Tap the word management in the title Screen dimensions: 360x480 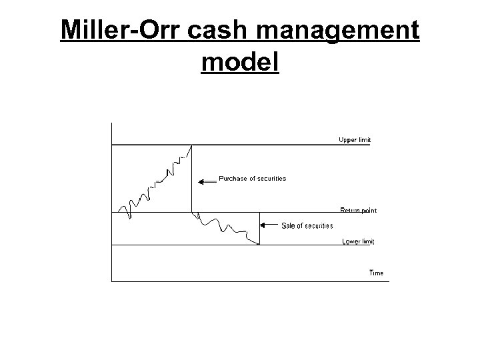[343, 31]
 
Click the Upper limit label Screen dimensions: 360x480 [354, 140]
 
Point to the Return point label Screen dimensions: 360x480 [359, 211]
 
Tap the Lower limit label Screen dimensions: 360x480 [358, 241]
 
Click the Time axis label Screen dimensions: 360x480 [377, 273]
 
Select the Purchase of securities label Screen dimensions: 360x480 [253, 179]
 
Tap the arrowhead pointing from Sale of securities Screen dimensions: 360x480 [262, 225]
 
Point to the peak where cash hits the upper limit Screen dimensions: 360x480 [192, 145]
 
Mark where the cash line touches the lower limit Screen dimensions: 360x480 [259, 245]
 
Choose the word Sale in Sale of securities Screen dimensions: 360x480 [288, 226]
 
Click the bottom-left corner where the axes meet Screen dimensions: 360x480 [112, 281]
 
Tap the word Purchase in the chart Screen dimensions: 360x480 [232, 179]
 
